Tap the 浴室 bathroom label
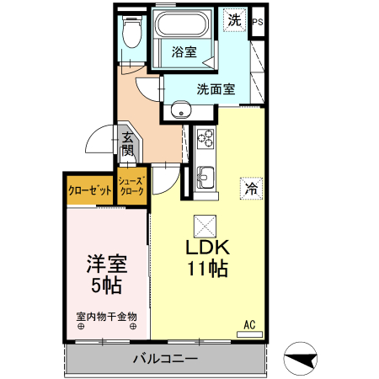pyautogui.click(x=185, y=51)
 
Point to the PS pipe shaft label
pyautogui.click(x=257, y=23)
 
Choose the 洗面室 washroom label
pyautogui.click(x=216, y=88)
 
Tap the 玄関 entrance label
pyautogui.click(x=127, y=144)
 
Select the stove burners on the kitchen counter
pyautogui.click(x=206, y=136)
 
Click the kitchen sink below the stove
pyautogui.click(x=206, y=178)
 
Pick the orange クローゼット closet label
pyautogui.click(x=90, y=191)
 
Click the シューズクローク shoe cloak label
pyautogui.click(x=133, y=187)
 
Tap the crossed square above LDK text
pyautogui.click(x=206, y=225)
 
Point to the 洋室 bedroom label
pyautogui.click(x=105, y=263)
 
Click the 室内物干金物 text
pyautogui.click(x=106, y=318)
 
